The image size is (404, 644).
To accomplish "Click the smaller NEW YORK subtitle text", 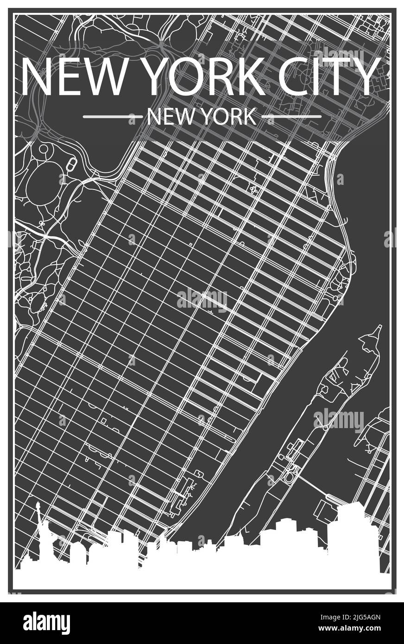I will [x=201, y=117].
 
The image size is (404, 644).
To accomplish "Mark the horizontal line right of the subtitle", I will [x=291, y=117].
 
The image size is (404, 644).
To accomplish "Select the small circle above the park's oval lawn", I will [x=44, y=149].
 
